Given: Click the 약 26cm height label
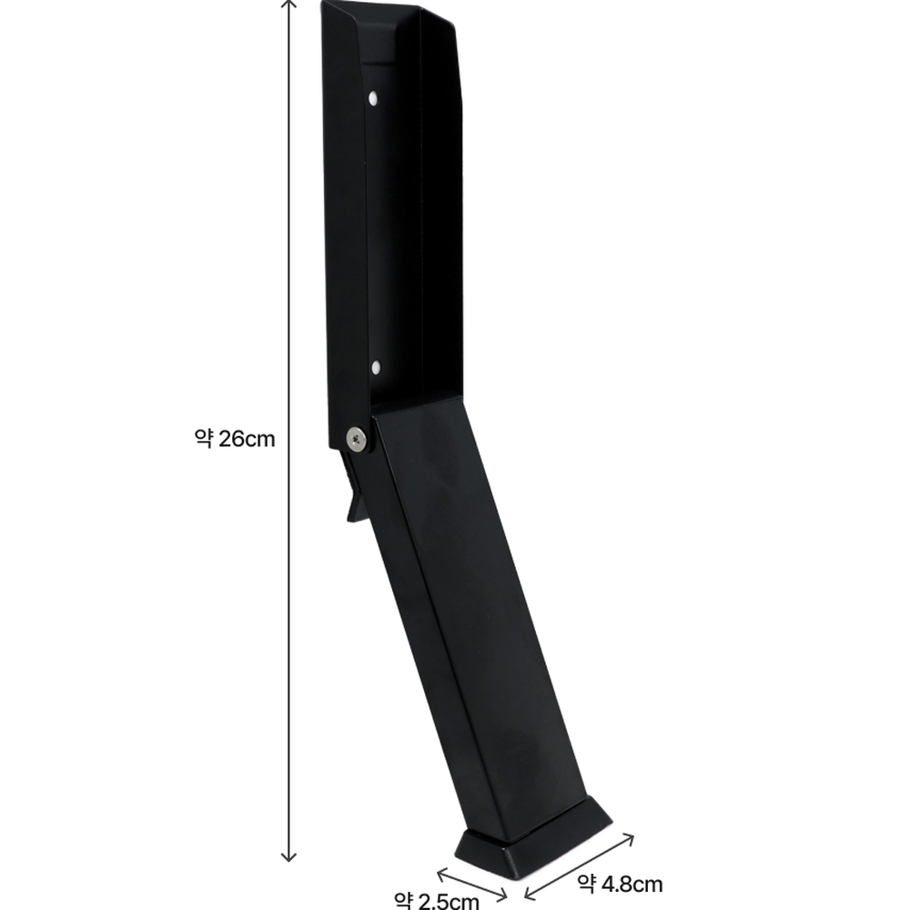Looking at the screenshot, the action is [235, 439].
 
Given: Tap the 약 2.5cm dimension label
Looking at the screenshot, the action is [437, 900].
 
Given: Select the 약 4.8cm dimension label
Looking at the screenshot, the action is [620, 884].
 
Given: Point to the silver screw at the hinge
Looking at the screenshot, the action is [357, 439].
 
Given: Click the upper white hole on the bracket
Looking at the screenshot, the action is [373, 97].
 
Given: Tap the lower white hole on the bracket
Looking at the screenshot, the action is [376, 367].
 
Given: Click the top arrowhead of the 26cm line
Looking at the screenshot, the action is [288, 4].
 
